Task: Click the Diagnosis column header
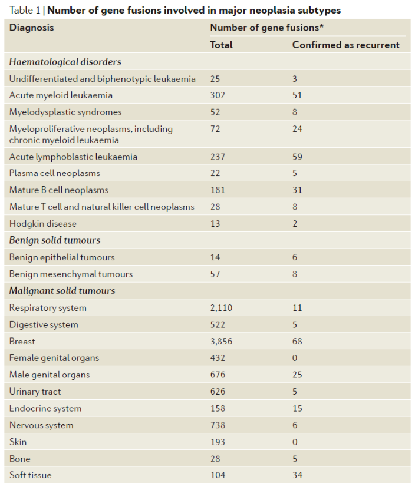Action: tap(31, 28)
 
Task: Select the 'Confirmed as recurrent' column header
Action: tap(345, 45)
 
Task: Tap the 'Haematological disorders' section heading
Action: tap(65, 62)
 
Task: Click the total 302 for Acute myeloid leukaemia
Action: tap(218, 95)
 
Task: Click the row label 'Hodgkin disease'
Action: tap(43, 224)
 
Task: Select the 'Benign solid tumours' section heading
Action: tap(54, 240)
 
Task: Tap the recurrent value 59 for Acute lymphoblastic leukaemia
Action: tap(298, 157)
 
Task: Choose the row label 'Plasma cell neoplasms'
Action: tap(55, 174)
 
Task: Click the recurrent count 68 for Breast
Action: tap(298, 342)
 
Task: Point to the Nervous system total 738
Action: tap(218, 425)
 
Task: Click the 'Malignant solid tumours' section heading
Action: tap(62, 291)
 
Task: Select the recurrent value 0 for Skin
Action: tap(295, 442)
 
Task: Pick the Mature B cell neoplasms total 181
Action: tap(218, 190)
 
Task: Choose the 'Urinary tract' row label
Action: tap(35, 392)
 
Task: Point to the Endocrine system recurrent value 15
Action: tap(297, 408)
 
